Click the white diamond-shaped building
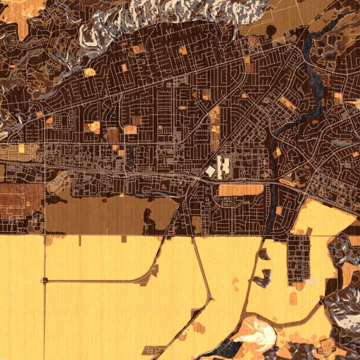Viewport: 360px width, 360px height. [x=211, y=172]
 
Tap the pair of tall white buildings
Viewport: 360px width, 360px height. [x=223, y=166]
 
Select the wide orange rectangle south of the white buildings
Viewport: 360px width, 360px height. [x=241, y=190]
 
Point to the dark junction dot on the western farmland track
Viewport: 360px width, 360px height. [x=45, y=280]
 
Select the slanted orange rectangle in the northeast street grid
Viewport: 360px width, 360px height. [x=287, y=104]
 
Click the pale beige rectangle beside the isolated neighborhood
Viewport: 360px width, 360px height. [x=312, y=281]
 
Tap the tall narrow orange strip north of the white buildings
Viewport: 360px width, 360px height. [x=215, y=129]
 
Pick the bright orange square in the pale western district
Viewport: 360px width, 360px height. [x=21, y=148]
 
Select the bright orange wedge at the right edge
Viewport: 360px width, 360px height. [x=354, y=104]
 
